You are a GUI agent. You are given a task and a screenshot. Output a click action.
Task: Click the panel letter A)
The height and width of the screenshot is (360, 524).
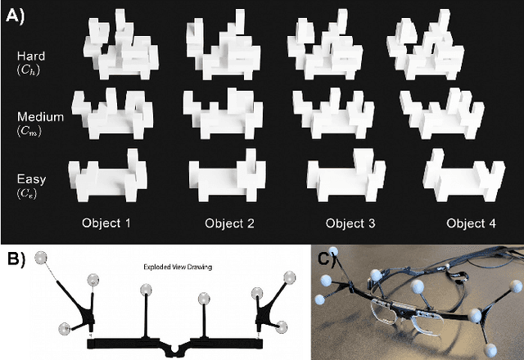tap(15, 16)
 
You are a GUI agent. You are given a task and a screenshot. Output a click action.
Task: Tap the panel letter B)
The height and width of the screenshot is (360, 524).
tap(16, 259)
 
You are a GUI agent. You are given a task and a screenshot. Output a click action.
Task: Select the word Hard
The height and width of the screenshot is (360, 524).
tap(31, 56)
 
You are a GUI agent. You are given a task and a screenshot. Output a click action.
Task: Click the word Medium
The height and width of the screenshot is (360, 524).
tap(40, 117)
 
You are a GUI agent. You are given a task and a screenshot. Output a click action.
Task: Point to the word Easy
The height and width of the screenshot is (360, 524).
tap(31, 179)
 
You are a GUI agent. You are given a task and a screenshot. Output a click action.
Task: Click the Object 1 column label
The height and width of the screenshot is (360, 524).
tap(106, 223)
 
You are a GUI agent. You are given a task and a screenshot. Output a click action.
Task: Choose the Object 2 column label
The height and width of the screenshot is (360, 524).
tap(229, 223)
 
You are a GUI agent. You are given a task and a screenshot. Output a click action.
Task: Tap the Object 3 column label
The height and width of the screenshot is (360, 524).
tap(350, 223)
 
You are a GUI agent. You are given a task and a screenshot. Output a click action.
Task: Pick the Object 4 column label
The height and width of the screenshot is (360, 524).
tap(472, 223)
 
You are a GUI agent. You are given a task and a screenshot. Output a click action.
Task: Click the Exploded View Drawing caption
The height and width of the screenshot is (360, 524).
tap(178, 267)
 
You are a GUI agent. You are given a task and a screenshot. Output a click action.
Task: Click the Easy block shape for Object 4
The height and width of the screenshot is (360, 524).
tap(464, 175)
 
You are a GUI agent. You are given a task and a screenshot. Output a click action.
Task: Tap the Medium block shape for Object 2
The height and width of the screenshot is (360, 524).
tap(223, 114)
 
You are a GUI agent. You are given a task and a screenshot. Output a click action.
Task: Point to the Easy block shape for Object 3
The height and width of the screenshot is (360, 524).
tap(346, 175)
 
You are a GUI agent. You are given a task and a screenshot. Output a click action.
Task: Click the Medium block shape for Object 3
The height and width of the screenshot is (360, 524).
tap(333, 114)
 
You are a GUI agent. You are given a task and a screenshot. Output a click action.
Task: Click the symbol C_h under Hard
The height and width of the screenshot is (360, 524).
tap(29, 69)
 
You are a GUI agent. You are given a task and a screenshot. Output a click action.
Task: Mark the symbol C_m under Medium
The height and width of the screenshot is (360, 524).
tap(29, 131)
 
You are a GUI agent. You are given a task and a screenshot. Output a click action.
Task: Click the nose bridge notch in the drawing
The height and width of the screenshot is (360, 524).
tap(174, 348)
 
